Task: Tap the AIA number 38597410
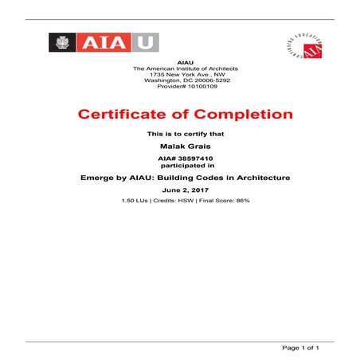click(191, 158)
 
